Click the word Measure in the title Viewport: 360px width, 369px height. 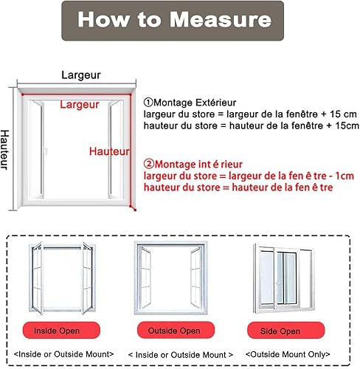(x=221, y=19)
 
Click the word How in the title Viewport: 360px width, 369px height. (x=104, y=19)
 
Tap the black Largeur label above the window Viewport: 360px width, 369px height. (x=81, y=75)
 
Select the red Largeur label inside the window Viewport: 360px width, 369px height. (x=80, y=105)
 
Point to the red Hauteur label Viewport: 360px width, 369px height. (x=109, y=151)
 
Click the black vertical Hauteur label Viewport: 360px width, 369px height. (x=4, y=150)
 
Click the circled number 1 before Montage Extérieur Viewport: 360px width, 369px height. (x=148, y=103)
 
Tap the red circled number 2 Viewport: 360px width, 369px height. (x=149, y=164)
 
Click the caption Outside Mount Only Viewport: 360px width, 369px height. (x=288, y=354)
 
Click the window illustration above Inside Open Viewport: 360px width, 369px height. (x=62, y=278)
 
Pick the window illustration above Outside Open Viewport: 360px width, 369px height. (x=171, y=278)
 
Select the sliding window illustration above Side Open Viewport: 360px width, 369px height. (x=284, y=279)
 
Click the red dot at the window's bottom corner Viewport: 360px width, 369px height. (x=135, y=210)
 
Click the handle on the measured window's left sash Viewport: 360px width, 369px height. (x=45, y=151)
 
